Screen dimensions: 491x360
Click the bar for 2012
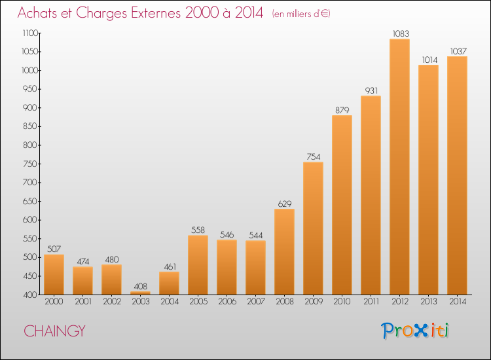[399, 166]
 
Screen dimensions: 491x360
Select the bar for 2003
[140, 293]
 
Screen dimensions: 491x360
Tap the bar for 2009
[313, 228]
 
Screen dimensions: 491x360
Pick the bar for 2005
[198, 265]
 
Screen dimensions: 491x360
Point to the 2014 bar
[457, 175]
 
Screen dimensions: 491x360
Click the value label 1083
[401, 33]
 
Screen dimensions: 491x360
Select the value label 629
[285, 204]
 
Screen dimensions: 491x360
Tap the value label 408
[140, 286]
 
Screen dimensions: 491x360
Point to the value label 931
[371, 90]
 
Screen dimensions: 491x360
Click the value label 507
[54, 249]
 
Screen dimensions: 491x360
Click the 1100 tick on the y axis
[29, 33]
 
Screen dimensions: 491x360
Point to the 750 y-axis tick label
[30, 164]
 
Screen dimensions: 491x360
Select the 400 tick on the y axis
[30, 295]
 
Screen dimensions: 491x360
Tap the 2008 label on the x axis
[285, 301]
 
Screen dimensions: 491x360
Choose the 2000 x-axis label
[54, 301]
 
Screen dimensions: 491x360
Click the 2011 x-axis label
[371, 301]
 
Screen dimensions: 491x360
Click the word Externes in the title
[156, 12]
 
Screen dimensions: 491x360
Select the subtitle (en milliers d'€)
[301, 14]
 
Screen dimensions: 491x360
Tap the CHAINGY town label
[54, 331]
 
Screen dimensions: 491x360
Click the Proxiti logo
[415, 331]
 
